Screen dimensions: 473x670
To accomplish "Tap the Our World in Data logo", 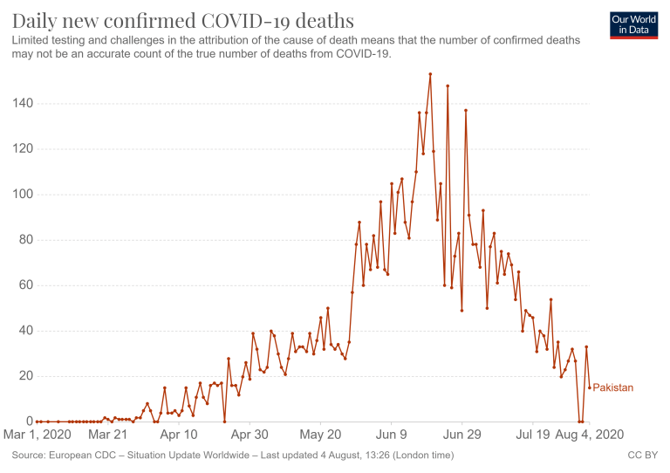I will pyautogui.click(x=633, y=24).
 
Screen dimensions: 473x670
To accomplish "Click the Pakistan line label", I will pyautogui.click(x=613, y=387).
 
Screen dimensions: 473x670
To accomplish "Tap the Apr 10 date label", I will pyautogui.click(x=179, y=434).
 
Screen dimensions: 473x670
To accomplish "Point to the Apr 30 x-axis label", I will pyautogui.click(x=250, y=434).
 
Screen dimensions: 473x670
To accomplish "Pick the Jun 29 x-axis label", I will pyautogui.click(x=462, y=434).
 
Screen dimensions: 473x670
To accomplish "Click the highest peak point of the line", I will pyautogui.click(x=430, y=74).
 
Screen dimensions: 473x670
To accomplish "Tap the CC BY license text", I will pyautogui.click(x=641, y=455).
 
